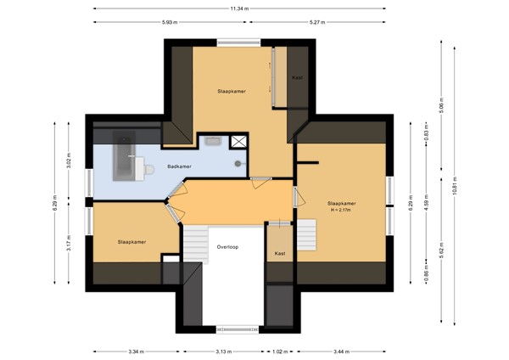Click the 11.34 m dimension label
point(239,8)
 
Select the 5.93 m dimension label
point(170,22)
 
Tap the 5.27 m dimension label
point(317,22)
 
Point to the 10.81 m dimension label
point(455,186)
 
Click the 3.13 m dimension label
point(224,352)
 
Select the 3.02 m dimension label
point(69,160)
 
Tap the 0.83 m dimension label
point(426,132)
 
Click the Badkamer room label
point(179,166)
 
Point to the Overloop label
point(227,247)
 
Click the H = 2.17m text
point(341,211)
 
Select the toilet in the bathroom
point(147,169)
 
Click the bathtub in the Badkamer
point(124,155)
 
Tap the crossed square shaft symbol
point(238,142)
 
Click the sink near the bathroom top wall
point(213,141)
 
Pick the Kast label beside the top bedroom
point(297,77)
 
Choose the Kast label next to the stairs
point(280,253)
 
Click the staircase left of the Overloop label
point(196,245)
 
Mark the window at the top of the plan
point(239,42)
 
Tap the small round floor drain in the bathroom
point(238,164)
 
